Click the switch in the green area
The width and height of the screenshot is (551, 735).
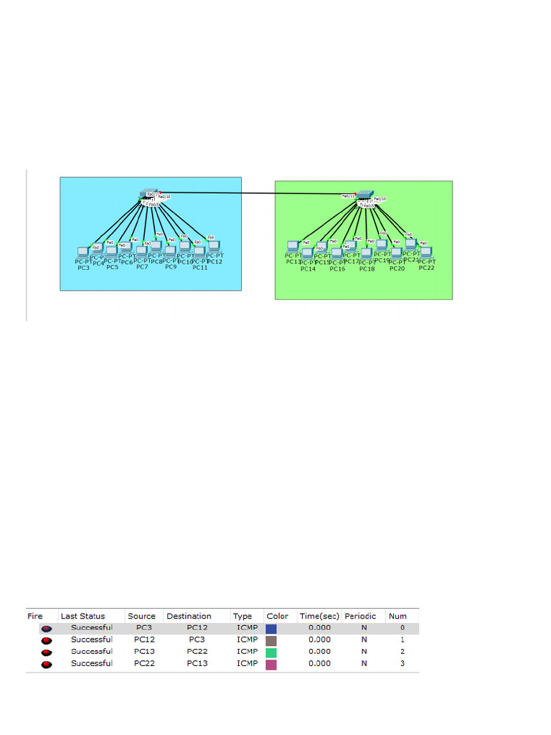(365, 195)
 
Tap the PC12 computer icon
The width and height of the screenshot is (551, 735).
(214, 247)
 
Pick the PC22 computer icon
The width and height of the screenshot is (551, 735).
(426, 251)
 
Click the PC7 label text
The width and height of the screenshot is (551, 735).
(142, 267)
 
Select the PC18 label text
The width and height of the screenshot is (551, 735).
(367, 268)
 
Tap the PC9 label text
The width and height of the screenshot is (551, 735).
(171, 267)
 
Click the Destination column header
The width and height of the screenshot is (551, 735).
(189, 616)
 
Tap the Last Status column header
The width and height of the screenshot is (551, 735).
(83, 616)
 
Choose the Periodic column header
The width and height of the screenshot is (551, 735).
(360, 616)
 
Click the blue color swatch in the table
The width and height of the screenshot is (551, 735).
(271, 628)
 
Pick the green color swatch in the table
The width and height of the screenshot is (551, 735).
(271, 652)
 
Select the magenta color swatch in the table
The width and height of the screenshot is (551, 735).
(271, 665)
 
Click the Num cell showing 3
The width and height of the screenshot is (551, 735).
(402, 664)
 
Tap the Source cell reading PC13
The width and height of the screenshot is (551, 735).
(141, 652)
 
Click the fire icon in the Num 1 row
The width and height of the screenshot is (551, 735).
(47, 640)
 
